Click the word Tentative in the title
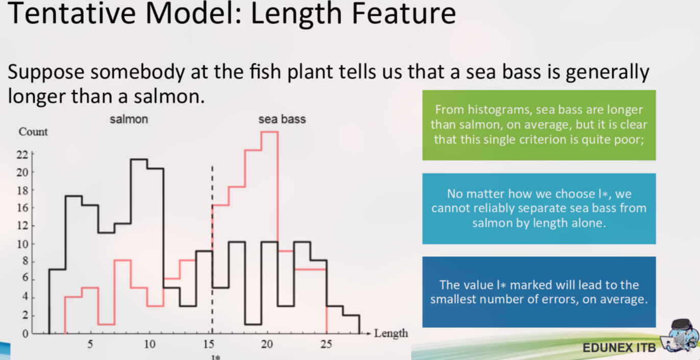pos(71,14)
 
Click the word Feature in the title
pos(403,14)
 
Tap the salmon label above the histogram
pos(129,119)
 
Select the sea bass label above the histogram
pos(282,119)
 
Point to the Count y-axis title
pos(33,132)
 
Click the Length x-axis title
pos(391,333)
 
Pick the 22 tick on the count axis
pos(22,155)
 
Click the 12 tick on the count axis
pos(22,225)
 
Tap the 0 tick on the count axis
pos(25,334)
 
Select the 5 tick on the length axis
pos(90,344)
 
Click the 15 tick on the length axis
pos(208,344)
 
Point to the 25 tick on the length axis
pos(326,344)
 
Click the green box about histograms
pos(539,125)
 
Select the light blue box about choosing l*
pos(539,208)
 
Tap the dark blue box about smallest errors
pos(539,292)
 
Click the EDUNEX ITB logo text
pos(619,348)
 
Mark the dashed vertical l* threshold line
pos(212,250)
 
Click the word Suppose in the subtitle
pos(46,73)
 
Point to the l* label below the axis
pos(215,357)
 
